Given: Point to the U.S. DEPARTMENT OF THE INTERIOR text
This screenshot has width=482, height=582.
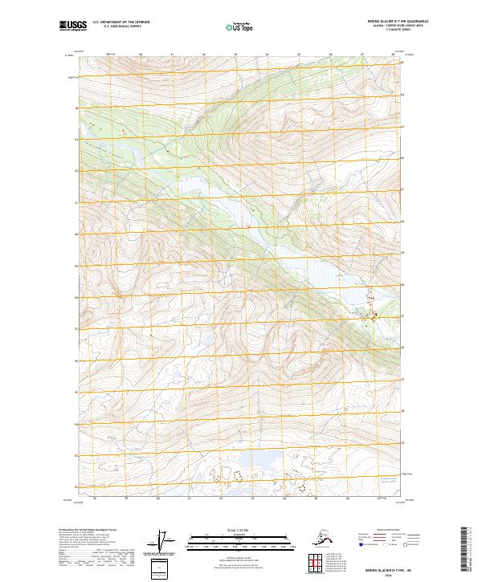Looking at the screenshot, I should click(122, 23).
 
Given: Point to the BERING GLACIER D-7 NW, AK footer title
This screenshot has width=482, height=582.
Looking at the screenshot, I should click(380, 567).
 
